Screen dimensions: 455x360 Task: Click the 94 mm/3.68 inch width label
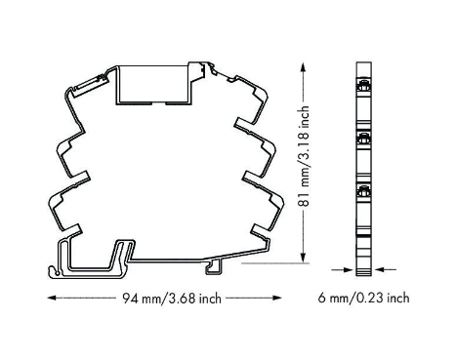tap(172, 299)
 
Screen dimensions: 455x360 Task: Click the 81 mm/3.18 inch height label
tap(304, 156)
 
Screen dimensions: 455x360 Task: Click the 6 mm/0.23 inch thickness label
tap(363, 298)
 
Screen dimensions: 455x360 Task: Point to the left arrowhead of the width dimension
tap(52, 298)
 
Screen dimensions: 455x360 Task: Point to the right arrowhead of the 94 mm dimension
tap(277, 298)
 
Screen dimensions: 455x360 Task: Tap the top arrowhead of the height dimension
tap(303, 67)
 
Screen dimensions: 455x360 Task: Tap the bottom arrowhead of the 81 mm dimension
tap(303, 258)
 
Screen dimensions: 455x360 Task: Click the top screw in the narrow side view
tap(363, 87)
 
